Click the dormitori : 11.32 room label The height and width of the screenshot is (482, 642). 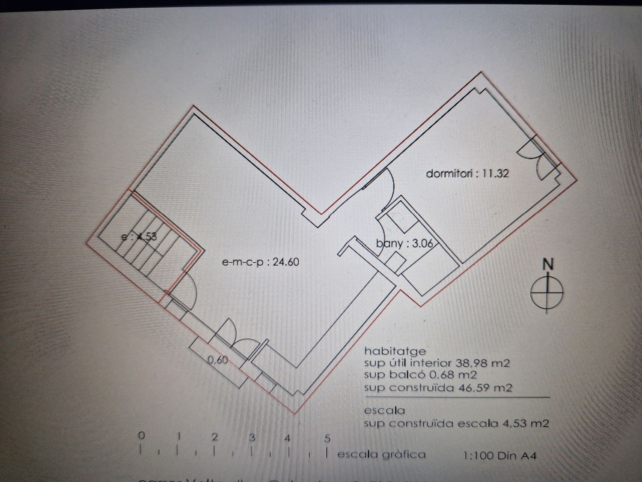point(467,174)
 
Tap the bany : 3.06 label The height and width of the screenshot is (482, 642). point(404,244)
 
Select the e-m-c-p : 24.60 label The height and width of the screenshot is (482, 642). point(261,262)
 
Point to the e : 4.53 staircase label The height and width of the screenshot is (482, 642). point(139,236)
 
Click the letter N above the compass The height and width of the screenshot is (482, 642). point(548,264)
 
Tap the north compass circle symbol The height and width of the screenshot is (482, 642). point(547,292)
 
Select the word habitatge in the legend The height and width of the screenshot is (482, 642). point(395,351)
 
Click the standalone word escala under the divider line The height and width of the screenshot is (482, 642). point(384,410)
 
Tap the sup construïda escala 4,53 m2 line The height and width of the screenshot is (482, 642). point(456,424)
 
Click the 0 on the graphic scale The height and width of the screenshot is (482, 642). point(142,436)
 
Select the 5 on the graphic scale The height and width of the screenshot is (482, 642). point(327,438)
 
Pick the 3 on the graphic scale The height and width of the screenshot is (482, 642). point(253,437)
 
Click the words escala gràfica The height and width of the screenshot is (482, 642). point(381,454)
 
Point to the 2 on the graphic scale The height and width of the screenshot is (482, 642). point(215,437)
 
